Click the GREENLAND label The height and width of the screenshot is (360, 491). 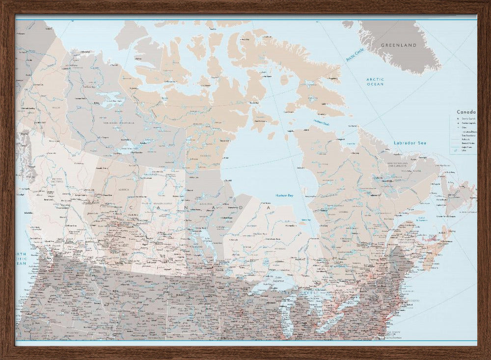pos(399,45)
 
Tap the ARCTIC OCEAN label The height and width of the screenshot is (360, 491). pos(375,82)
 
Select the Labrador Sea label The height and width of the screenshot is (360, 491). pos(410,143)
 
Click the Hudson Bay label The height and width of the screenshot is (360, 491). pos(285,195)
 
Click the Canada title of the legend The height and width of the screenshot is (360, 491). pos(465,112)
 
